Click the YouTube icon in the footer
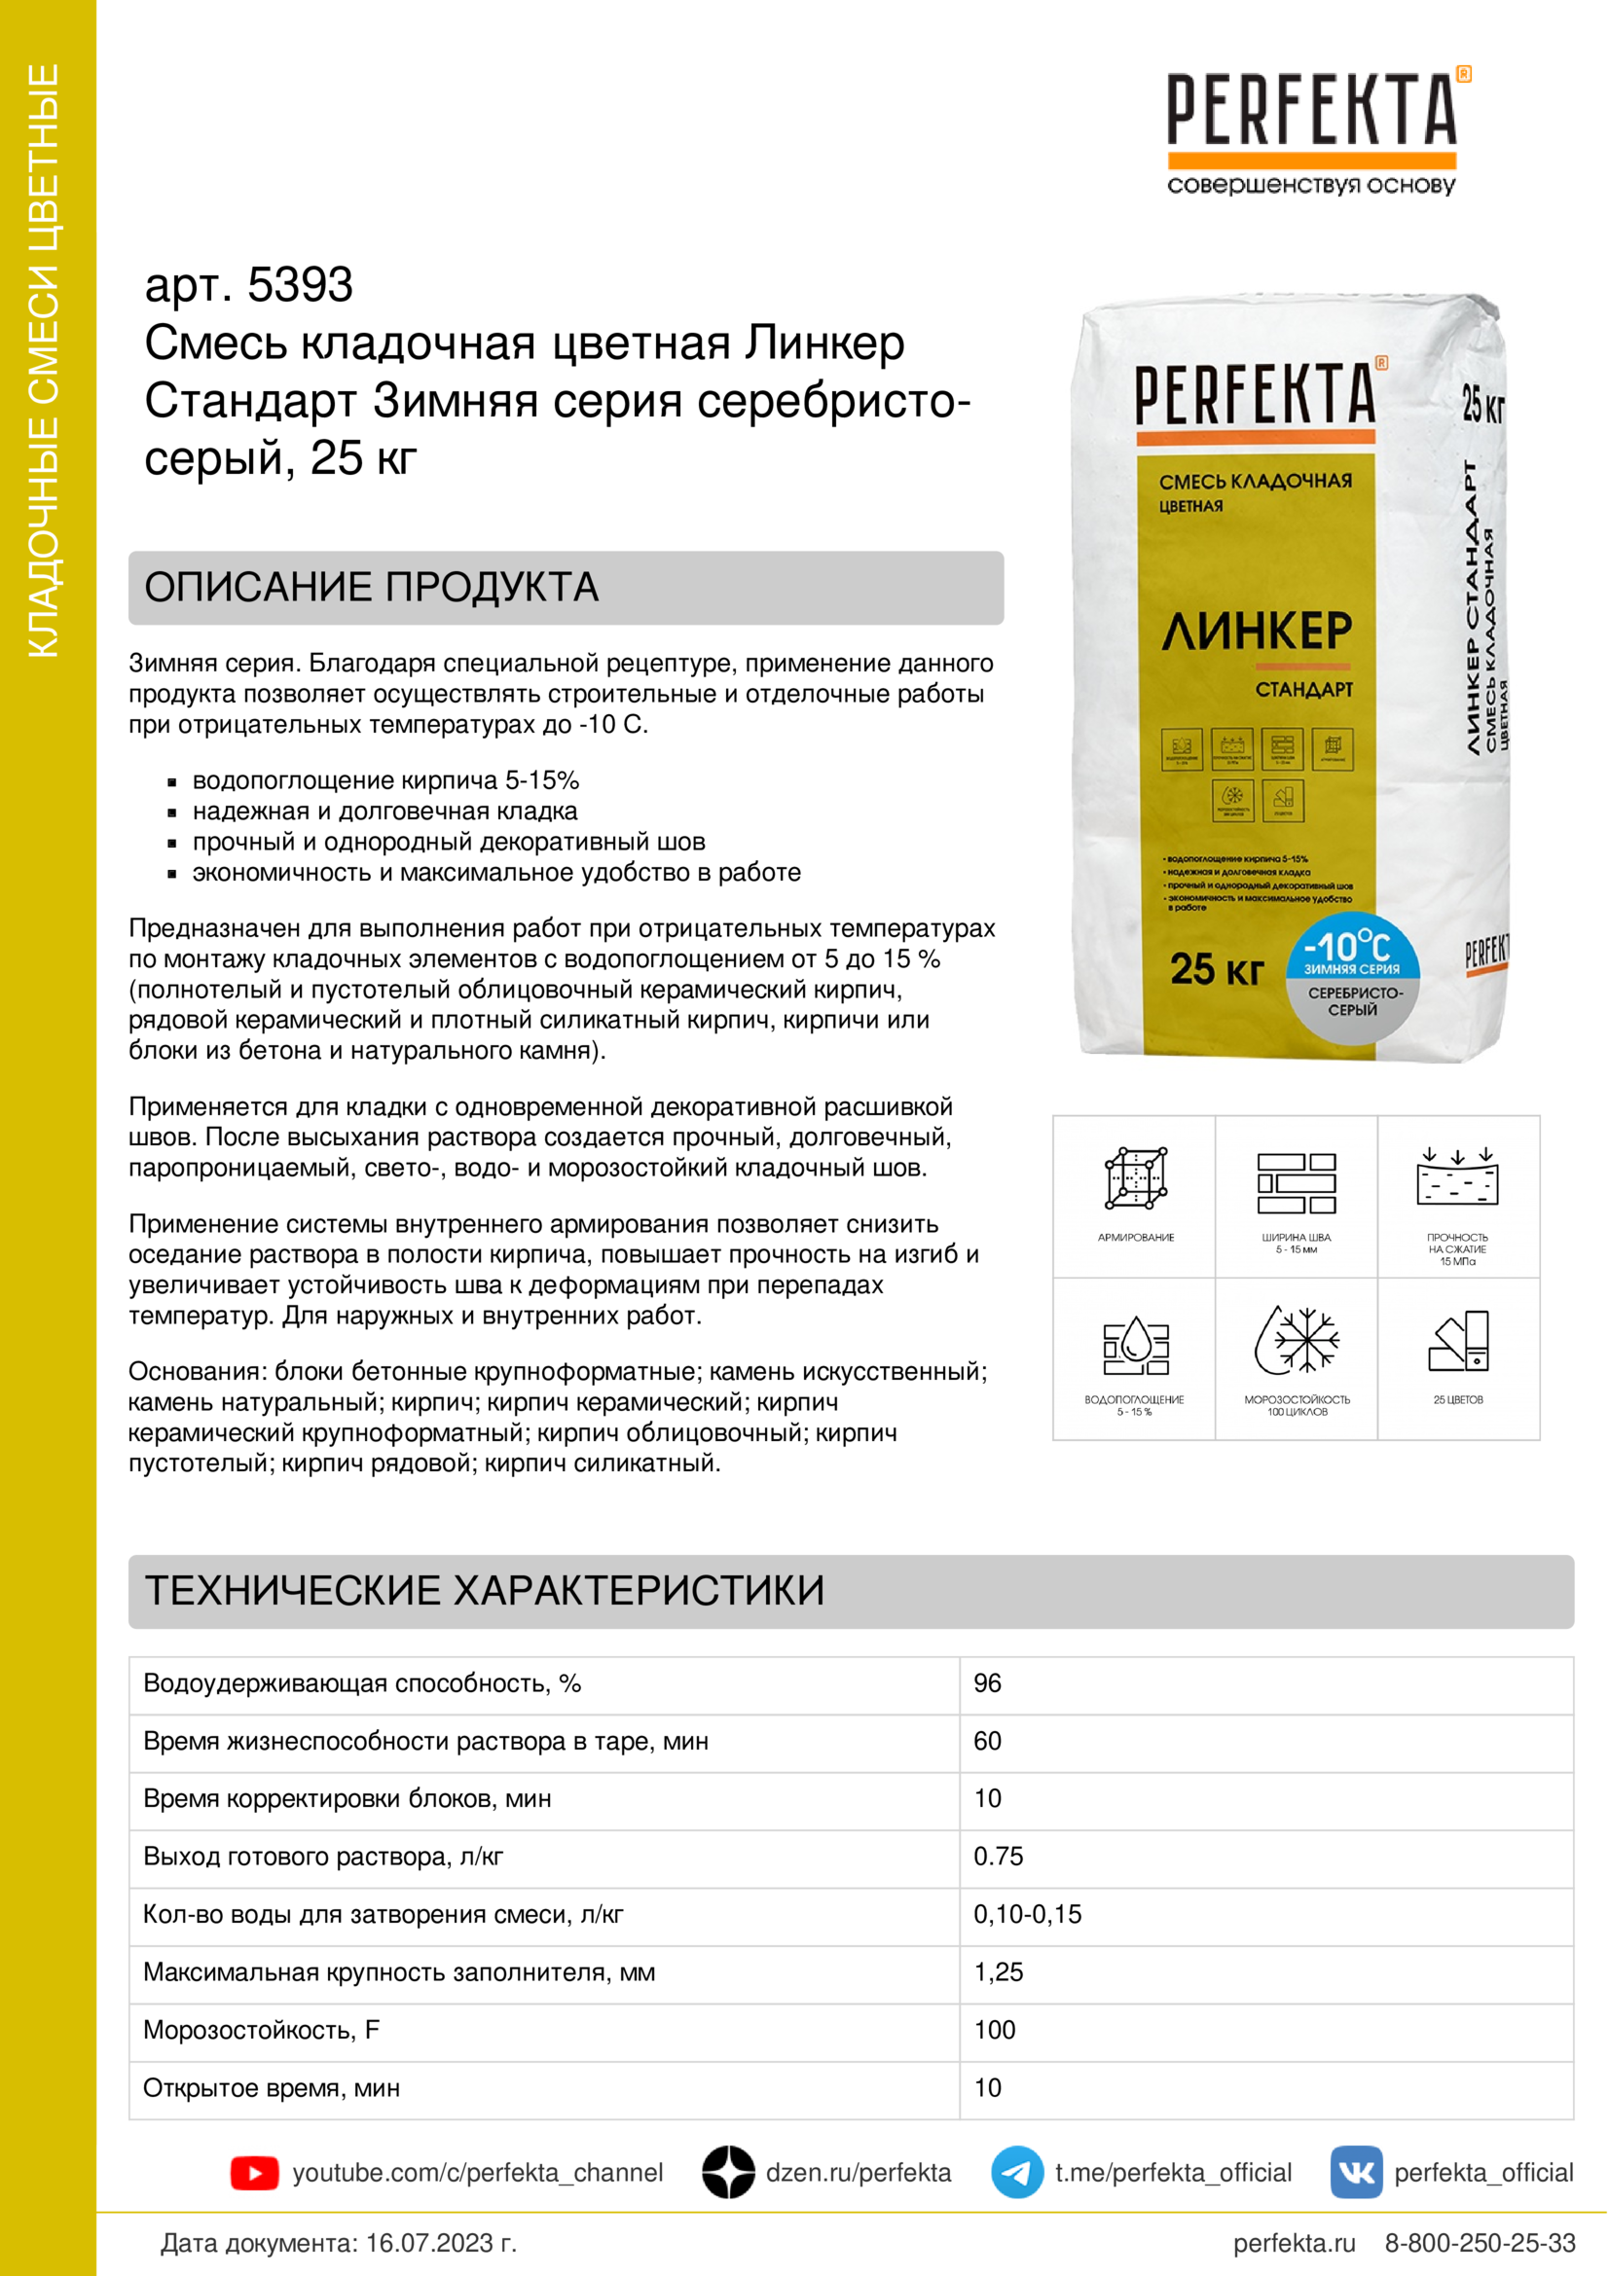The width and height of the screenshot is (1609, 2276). click(254, 2173)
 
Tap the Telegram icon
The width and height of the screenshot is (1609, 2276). click(1016, 2173)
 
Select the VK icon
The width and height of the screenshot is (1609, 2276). click(1355, 2173)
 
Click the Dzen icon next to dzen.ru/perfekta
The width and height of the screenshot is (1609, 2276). click(728, 2173)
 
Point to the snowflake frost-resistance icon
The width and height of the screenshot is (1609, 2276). click(1297, 1339)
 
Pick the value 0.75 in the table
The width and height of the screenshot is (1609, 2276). click(999, 1857)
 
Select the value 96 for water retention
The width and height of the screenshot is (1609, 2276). click(987, 1683)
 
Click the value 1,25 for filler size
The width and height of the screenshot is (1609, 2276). click(999, 1972)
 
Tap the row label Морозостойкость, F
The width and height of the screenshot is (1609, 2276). click(262, 2030)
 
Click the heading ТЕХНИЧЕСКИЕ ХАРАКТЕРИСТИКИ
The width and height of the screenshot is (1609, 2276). click(485, 1591)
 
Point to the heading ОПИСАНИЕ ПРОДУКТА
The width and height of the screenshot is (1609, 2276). click(372, 588)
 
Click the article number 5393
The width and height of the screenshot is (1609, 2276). click(300, 285)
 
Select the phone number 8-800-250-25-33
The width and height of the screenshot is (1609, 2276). click(1480, 2242)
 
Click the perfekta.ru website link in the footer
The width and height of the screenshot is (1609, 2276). click(1294, 2242)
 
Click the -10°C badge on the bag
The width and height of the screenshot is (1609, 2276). click(1351, 947)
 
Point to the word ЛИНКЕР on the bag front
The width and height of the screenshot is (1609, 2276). click(1257, 632)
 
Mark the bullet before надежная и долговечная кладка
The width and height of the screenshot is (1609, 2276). click(172, 813)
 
